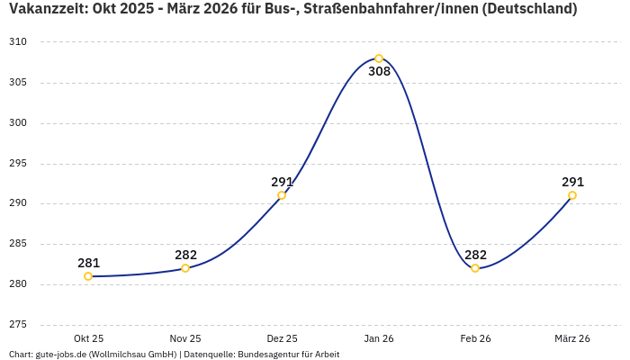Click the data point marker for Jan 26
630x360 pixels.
pos(379,58)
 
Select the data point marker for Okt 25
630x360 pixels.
pos(88,276)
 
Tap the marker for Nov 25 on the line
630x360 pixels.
pos(185,268)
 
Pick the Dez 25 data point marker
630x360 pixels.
pos(282,195)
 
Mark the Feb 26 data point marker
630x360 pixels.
pos(475,268)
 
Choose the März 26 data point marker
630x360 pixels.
pos(572,195)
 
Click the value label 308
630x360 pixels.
pos(379,72)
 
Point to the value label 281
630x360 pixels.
pos(88,263)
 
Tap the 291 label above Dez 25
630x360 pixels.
pos(282,182)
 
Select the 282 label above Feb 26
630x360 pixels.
pos(475,255)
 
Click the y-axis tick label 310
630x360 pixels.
pos(19,42)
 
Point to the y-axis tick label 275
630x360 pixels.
pos(19,325)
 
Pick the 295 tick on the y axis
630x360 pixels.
pos(19,164)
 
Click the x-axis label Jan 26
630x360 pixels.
pos(379,338)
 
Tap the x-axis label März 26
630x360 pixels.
pos(572,338)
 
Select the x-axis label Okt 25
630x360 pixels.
pos(88,338)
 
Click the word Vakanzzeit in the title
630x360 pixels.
pos(45,10)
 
